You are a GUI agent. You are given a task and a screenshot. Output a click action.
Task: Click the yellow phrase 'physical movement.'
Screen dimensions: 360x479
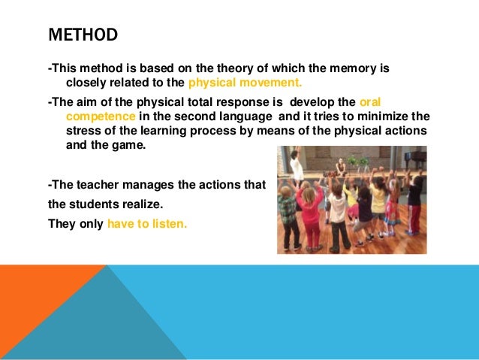tap(249, 83)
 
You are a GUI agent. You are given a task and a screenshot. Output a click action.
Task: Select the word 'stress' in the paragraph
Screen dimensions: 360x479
tap(83, 131)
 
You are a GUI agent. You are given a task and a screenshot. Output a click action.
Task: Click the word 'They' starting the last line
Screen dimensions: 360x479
tap(62, 223)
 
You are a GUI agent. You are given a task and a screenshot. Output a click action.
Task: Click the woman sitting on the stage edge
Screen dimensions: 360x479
tap(342, 169)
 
